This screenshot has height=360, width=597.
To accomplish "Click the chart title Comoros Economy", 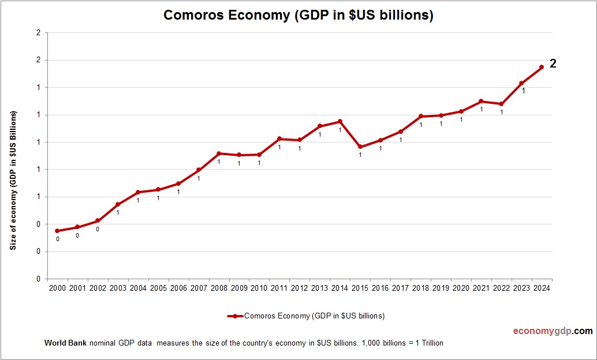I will pyautogui.click(x=298, y=15).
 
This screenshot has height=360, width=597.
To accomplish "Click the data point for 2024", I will pyautogui.click(x=541, y=67).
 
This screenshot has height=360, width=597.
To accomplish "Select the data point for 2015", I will pyautogui.click(x=360, y=147).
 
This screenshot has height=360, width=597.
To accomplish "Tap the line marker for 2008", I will pyautogui.click(x=219, y=153).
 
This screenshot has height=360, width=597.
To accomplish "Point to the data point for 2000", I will pyautogui.click(x=57, y=231).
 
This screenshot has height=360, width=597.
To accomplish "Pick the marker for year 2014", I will pyautogui.click(x=340, y=121).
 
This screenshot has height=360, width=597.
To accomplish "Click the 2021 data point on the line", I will pyautogui.click(x=481, y=102).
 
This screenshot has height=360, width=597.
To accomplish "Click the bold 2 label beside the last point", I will pyautogui.click(x=553, y=64).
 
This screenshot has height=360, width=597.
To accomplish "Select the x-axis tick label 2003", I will pyautogui.click(x=118, y=288).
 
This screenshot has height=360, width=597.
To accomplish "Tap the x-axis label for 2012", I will pyautogui.click(x=300, y=288).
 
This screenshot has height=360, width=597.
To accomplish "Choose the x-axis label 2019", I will pyautogui.click(x=441, y=288).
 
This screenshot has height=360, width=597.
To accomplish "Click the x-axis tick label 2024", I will pyautogui.click(x=542, y=288).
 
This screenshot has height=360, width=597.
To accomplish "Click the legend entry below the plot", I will pyautogui.click(x=306, y=316).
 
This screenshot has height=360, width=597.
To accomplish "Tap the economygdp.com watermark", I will pyautogui.click(x=553, y=331).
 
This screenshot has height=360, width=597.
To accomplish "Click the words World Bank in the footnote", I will pyautogui.click(x=65, y=343).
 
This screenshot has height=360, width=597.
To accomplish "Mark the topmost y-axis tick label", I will pyautogui.click(x=38, y=33).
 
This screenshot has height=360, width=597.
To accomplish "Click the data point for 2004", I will pyautogui.click(x=138, y=192).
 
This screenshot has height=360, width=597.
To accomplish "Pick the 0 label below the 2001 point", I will pyautogui.click(x=77, y=235).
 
